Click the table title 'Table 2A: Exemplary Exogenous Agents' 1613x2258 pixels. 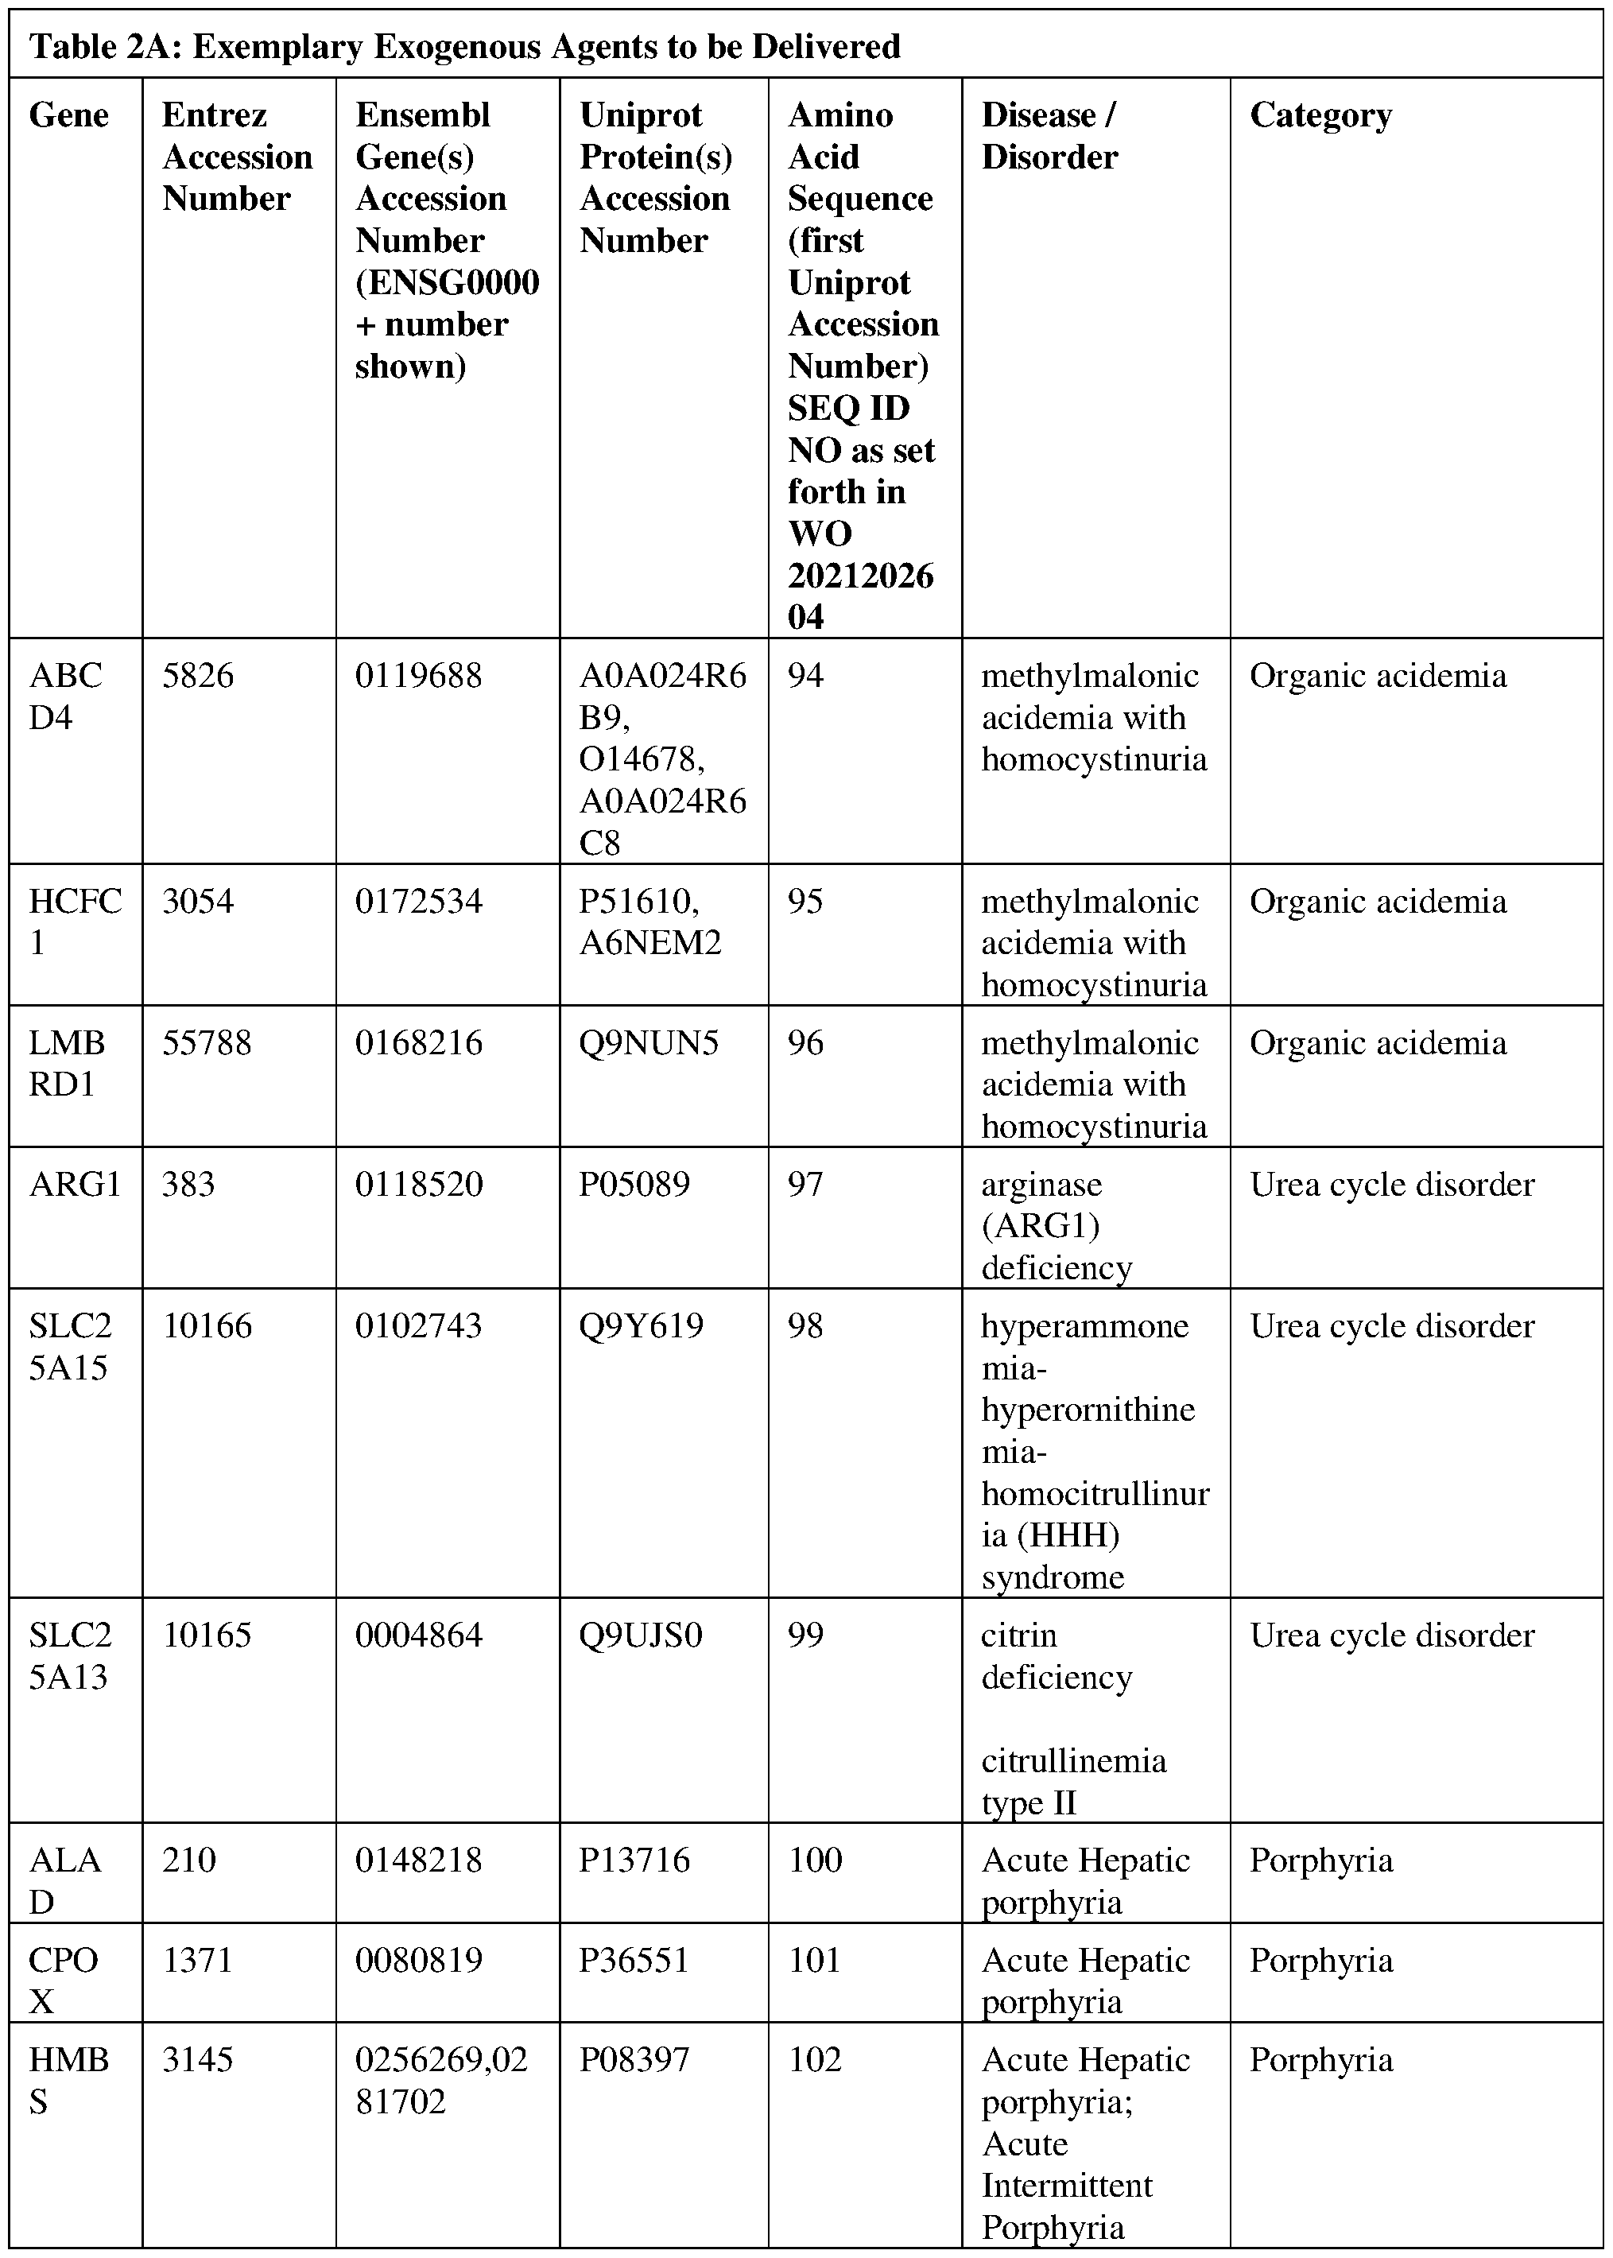pyautogui.click(x=465, y=47)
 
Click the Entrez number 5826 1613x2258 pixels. pyautogui.click(x=198, y=677)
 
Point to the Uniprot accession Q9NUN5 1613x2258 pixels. pyautogui.click(x=649, y=1043)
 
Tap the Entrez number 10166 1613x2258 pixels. pyautogui.click(x=207, y=1326)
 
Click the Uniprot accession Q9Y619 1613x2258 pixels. pyautogui.click(x=641, y=1326)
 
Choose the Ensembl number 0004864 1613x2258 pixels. pyautogui.click(x=418, y=1636)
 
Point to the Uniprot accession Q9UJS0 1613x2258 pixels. pyautogui.click(x=641, y=1636)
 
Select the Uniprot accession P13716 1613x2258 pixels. pyautogui.click(x=634, y=1860)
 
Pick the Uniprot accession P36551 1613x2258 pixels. pyautogui.click(x=634, y=1960)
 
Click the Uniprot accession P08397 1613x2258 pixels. pyautogui.click(x=634, y=2060)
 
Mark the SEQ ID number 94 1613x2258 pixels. pyautogui.click(x=805, y=677)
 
